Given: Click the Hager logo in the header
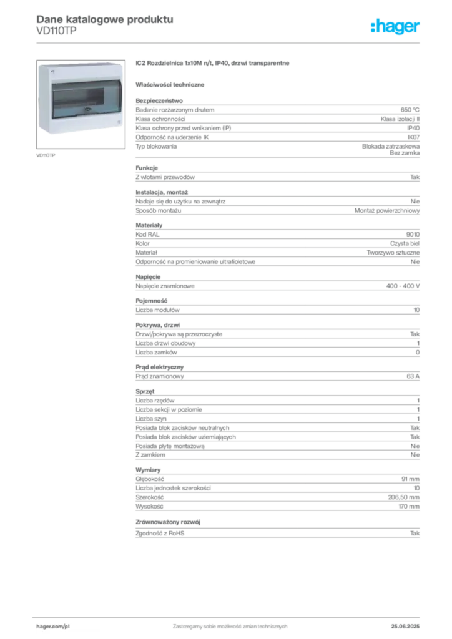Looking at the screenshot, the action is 395,26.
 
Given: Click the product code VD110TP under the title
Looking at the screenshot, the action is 56,31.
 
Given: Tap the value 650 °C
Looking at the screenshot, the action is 410,110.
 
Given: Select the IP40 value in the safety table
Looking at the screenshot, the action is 413,128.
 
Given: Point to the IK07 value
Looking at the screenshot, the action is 413,137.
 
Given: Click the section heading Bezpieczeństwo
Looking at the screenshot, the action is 159,100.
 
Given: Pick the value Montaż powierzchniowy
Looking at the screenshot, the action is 387,211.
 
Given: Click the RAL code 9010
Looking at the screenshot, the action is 413,235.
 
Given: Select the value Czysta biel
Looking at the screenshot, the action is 405,244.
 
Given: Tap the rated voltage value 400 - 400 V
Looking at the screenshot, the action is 403,286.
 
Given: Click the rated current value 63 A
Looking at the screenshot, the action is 413,376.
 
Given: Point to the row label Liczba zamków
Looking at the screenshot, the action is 156,353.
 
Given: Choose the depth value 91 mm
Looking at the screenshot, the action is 410,479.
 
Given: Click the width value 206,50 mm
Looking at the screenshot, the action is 403,497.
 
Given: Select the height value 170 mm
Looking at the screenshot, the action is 409,507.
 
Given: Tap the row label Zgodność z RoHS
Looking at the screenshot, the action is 160,533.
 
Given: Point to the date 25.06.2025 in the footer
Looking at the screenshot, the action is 405,627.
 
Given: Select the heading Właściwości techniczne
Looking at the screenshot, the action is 170,85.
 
